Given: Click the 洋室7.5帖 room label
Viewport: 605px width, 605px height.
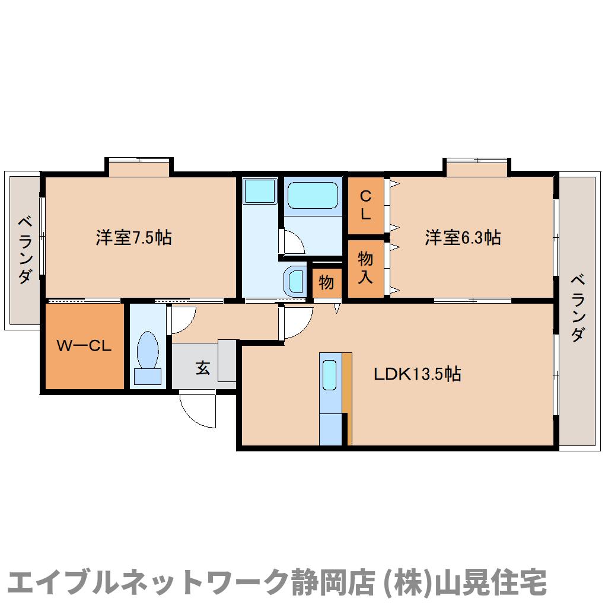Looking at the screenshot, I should click(x=134, y=238).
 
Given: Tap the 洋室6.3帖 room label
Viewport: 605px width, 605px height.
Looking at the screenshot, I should click(x=462, y=238).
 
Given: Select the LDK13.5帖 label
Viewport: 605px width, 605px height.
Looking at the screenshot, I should click(x=417, y=374).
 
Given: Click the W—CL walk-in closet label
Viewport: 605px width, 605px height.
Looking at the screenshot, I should click(x=84, y=346).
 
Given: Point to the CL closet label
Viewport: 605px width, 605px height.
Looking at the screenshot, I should click(x=365, y=205).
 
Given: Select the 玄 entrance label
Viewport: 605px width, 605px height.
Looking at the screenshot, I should click(x=203, y=368).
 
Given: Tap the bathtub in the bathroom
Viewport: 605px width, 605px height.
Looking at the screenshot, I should click(x=313, y=194).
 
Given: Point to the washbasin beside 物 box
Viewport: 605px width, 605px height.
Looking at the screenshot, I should click(x=294, y=281).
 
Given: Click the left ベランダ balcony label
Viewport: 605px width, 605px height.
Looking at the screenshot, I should click(x=25, y=250).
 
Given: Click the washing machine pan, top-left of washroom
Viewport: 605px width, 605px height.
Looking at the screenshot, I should click(x=260, y=190).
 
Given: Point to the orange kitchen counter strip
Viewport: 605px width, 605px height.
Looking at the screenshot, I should click(x=348, y=398).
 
